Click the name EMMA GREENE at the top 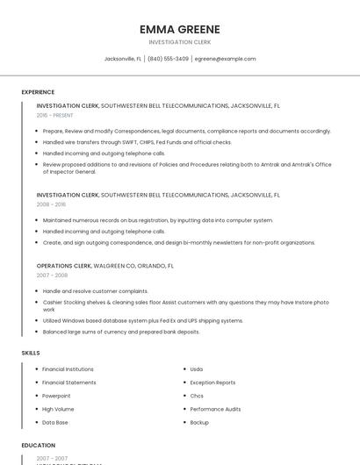coord(180,29)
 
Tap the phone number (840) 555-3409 coord(168,59)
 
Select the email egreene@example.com coord(225,59)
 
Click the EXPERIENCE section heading coord(38,92)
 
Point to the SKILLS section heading coord(31,353)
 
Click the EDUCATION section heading coord(39,445)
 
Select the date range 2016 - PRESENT coord(55,115)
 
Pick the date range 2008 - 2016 coord(51,204)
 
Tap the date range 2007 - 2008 coord(51,275)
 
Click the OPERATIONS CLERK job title coord(64,265)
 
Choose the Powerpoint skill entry coord(58,396)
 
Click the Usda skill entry coord(197,369)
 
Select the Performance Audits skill coord(215,409)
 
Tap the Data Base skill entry coord(55,422)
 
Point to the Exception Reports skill coord(212,383)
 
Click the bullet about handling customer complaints coord(95,291)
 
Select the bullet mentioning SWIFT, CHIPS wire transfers coord(137,142)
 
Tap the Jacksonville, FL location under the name coord(123,59)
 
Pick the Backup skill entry coord(199,422)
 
